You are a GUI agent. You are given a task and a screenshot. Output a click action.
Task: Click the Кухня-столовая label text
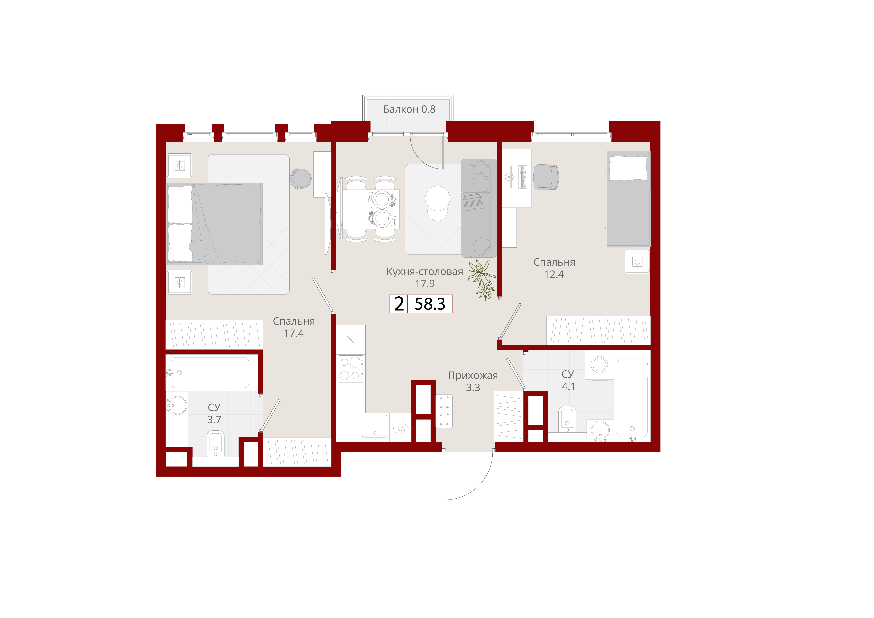point(425,272)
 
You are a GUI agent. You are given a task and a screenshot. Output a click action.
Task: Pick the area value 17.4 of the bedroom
point(293,333)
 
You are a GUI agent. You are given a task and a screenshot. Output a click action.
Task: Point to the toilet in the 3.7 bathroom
point(216,444)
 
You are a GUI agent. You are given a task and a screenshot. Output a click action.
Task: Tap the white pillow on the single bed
point(628,168)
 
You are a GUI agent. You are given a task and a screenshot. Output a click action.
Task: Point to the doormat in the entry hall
point(444,411)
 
